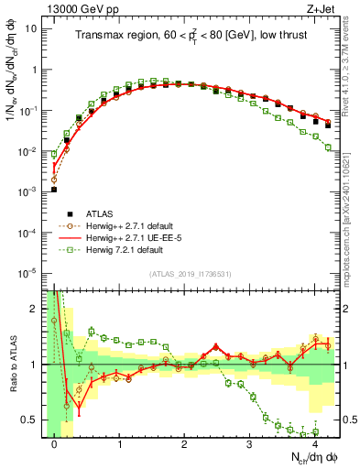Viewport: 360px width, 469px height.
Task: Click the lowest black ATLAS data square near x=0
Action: (x=54, y=190)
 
